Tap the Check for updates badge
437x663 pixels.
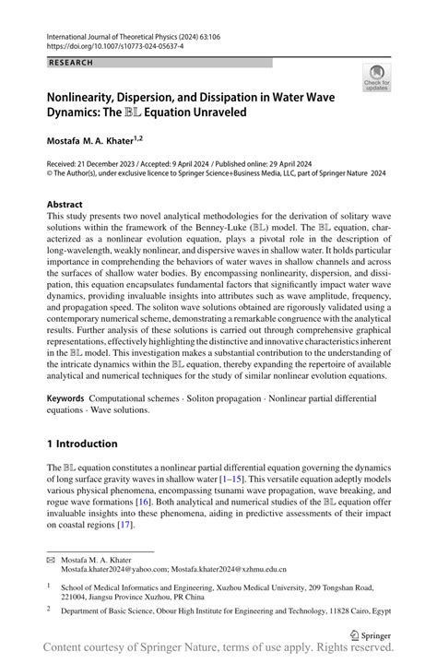point(375,80)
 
